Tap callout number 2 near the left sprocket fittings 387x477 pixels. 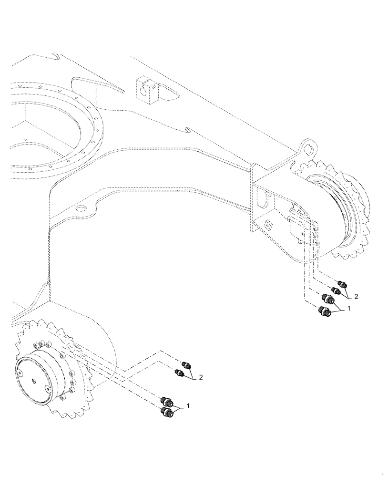[201, 377]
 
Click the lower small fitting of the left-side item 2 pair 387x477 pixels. [180, 373]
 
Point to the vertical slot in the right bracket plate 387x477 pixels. [259, 196]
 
